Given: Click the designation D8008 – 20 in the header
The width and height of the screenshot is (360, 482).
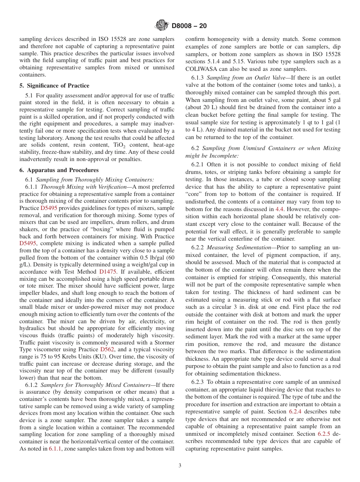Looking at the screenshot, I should point(189,26).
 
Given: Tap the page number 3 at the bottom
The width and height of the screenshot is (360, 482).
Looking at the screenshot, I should point(180,466).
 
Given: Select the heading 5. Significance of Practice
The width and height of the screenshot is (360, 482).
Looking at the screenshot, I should point(54,86).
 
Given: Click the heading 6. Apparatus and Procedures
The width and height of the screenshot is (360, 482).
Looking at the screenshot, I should point(59,170).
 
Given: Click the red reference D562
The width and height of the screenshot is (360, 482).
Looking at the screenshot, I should point(107,349).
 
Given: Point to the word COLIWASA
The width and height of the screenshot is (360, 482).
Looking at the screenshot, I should point(203,69).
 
